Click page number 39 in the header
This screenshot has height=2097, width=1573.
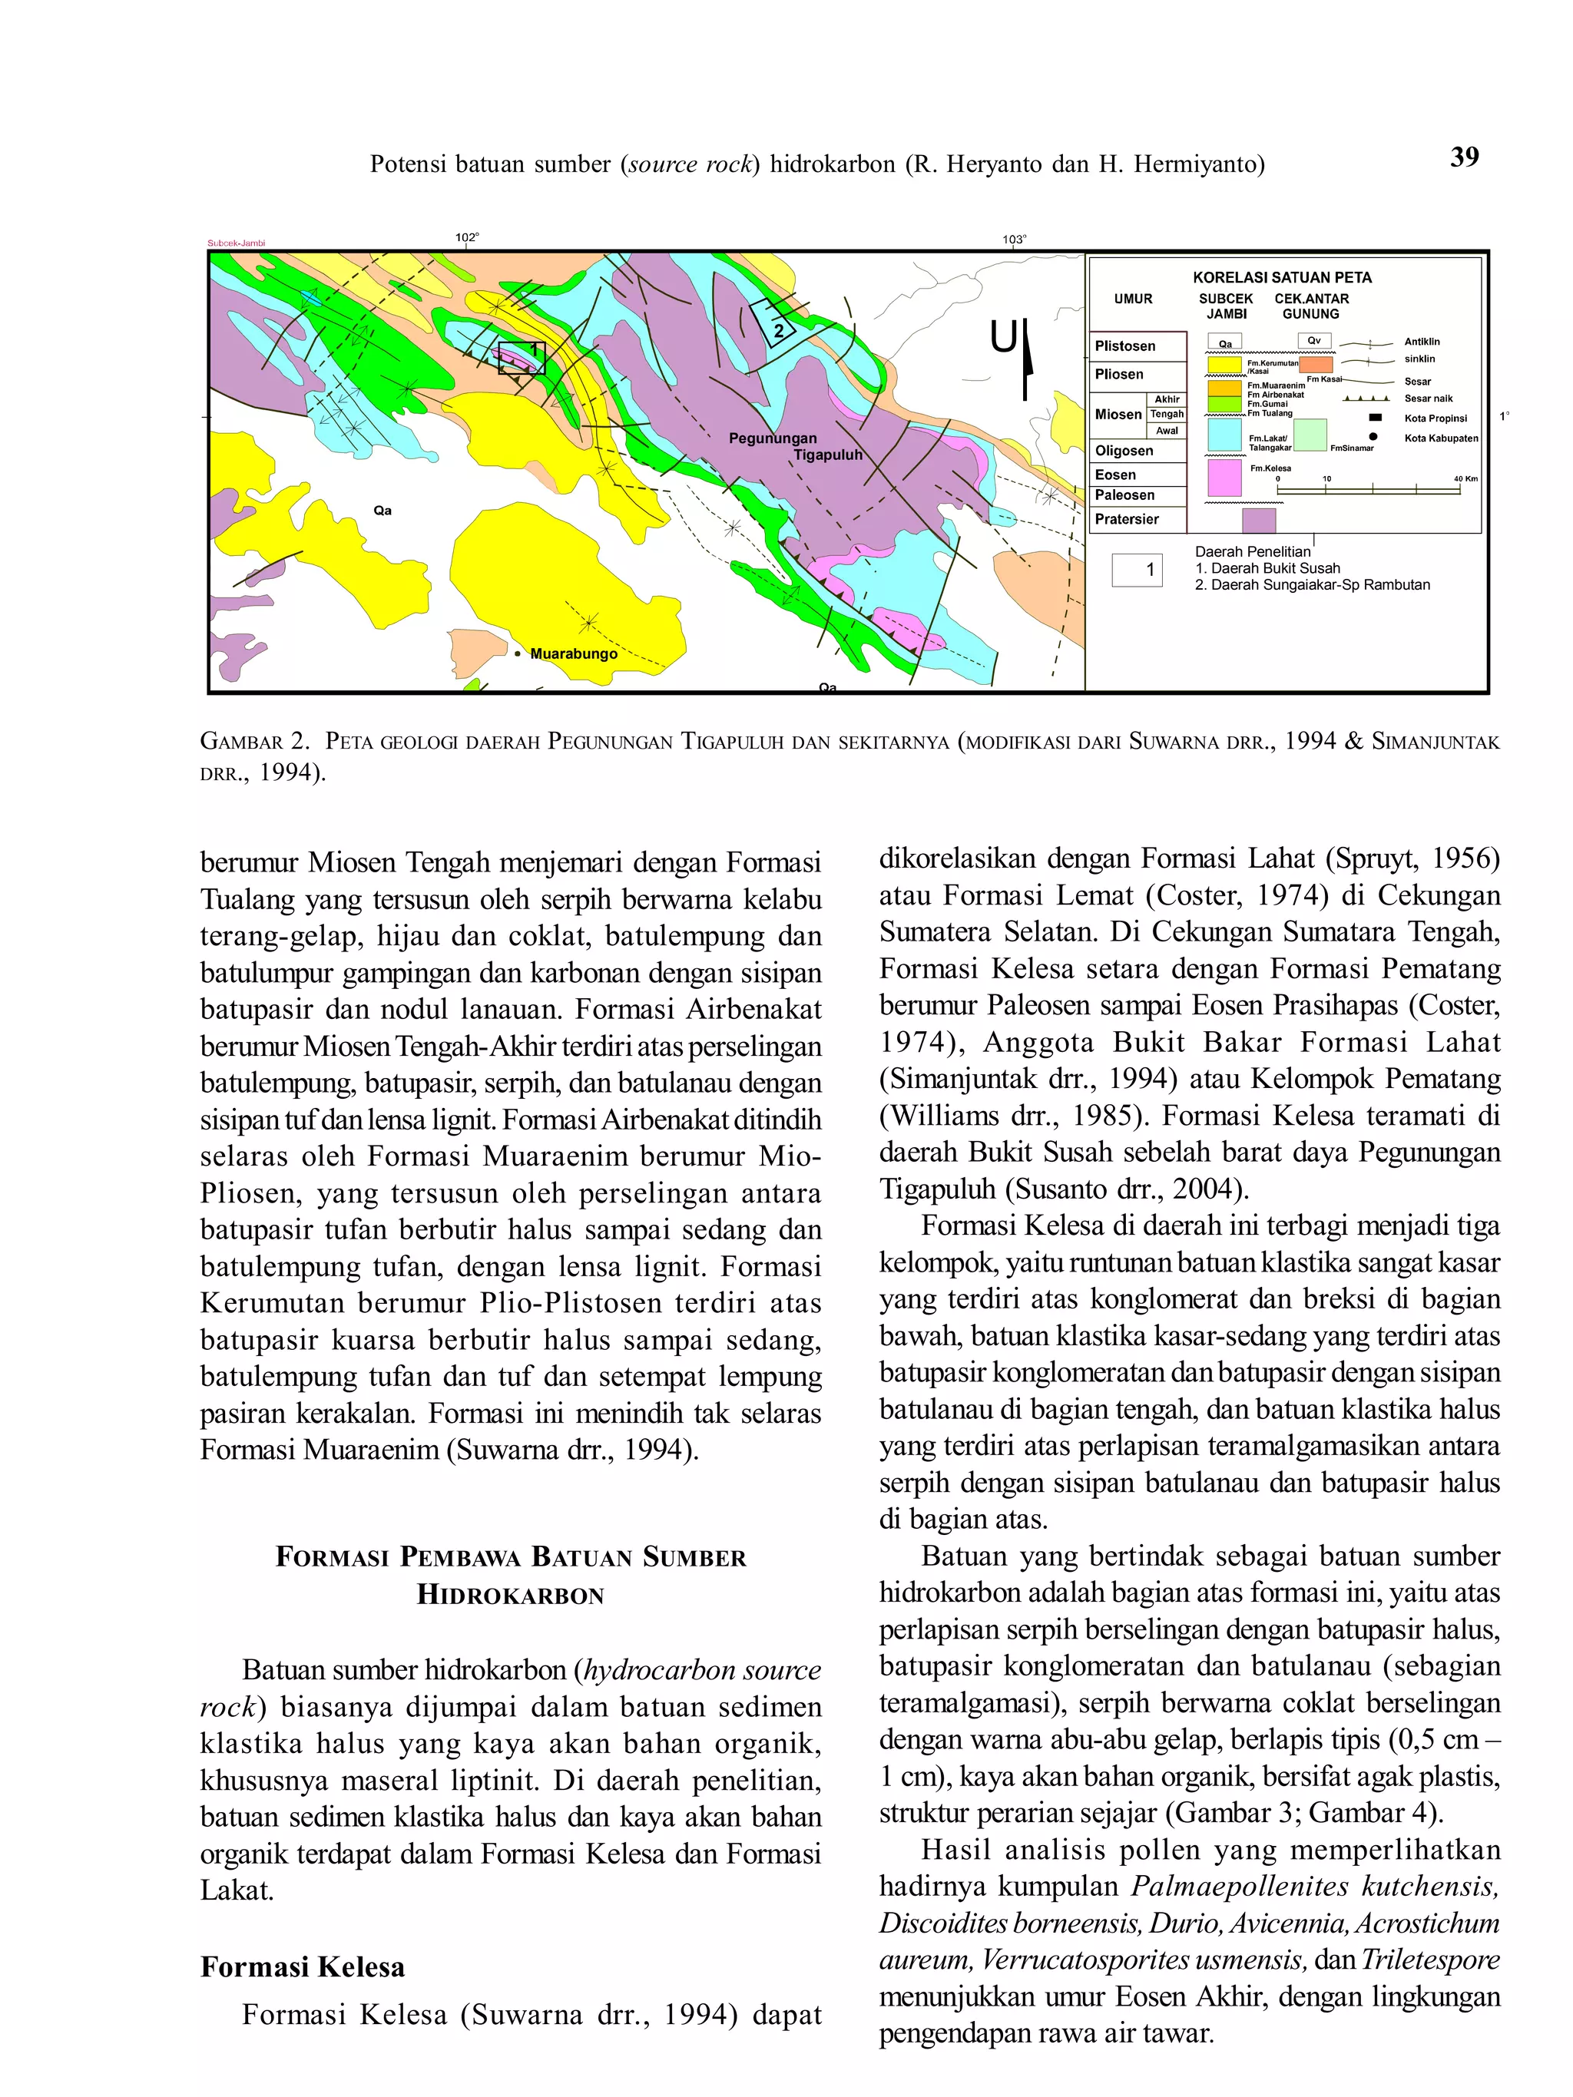[x=1463, y=157]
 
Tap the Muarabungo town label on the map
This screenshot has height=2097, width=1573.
[x=573, y=653]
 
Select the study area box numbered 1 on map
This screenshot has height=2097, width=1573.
[x=522, y=357]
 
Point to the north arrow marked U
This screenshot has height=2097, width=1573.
[x=1012, y=356]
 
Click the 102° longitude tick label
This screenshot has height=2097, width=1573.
[x=466, y=237]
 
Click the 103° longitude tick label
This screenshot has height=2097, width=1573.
[x=1014, y=240]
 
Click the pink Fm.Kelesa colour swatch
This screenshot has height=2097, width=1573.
[x=1224, y=477]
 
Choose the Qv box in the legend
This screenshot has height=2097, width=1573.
[x=1313, y=340]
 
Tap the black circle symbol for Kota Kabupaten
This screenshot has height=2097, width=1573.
[x=1373, y=437]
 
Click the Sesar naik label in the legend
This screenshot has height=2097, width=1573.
[x=1428, y=399]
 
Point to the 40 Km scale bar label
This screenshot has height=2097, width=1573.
[x=1465, y=478]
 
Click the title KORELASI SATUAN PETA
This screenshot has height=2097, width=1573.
[x=1281, y=277]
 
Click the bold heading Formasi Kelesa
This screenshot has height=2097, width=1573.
[x=303, y=1967]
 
